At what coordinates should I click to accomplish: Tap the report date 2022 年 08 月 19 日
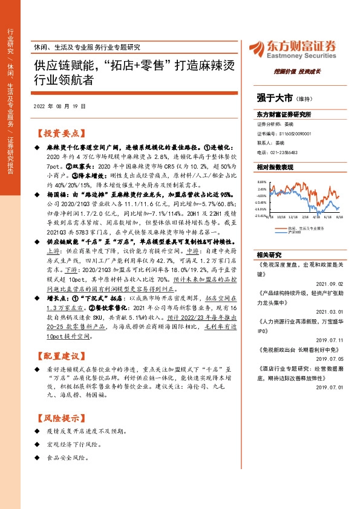(59, 106)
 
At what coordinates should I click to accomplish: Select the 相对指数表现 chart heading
(275, 167)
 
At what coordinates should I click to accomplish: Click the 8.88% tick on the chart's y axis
(261, 181)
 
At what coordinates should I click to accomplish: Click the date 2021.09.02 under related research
(330, 282)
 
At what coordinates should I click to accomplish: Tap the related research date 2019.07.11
(330, 340)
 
